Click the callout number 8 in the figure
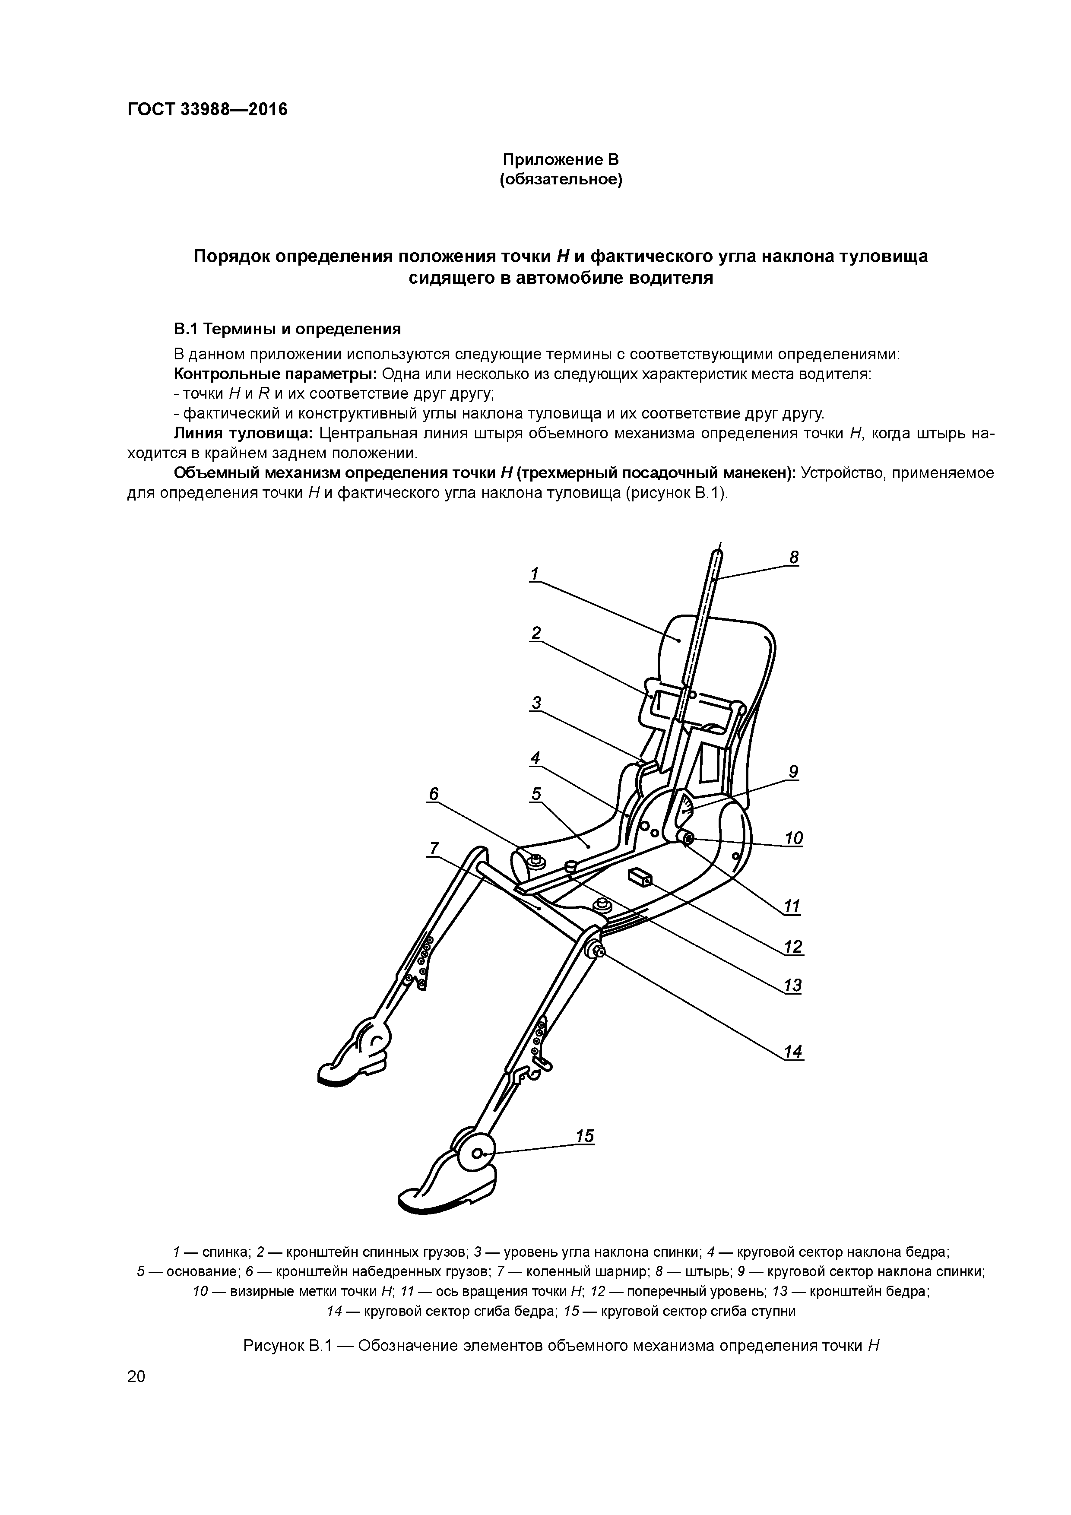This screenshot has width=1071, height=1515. click(794, 558)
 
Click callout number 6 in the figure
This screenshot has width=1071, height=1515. click(434, 794)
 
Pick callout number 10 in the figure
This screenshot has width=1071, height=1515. click(793, 838)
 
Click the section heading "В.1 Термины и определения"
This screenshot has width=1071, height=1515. click(287, 329)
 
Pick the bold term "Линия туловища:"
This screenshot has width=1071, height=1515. click(244, 434)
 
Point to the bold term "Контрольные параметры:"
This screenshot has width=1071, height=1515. click(275, 374)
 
